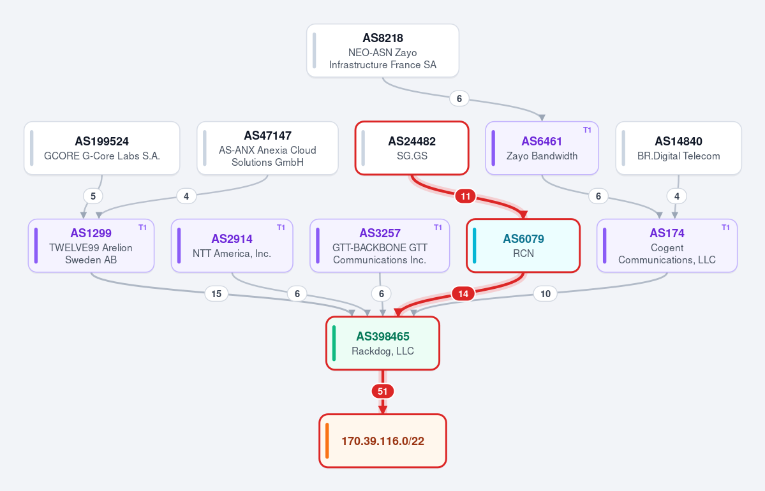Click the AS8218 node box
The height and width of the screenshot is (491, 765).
point(383,51)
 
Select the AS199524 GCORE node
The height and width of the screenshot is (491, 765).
point(102,148)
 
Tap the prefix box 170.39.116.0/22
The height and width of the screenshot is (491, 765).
point(383,441)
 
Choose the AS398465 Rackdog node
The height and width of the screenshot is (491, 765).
point(383,343)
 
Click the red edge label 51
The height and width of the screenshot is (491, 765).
point(383,391)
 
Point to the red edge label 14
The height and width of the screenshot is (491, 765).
point(463,293)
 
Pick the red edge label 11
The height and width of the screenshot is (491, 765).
point(465,196)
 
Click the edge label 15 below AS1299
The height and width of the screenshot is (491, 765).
point(216,293)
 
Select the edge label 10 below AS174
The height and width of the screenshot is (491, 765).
point(546,293)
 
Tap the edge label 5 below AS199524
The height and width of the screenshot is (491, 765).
point(93,196)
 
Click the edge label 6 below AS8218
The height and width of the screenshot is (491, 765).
point(459,98)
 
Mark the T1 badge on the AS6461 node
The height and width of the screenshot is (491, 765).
point(587,129)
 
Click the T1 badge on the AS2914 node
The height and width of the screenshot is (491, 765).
point(281,227)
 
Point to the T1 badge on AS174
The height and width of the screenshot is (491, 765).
point(725,227)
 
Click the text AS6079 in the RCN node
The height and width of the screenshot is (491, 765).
point(523,239)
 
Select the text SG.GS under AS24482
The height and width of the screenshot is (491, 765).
point(412,156)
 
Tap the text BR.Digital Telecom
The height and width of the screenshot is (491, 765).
point(679,156)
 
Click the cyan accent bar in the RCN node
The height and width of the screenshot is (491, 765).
point(474,246)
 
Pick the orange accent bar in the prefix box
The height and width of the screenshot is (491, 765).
point(327,441)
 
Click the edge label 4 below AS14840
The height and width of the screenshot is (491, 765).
point(677,196)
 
